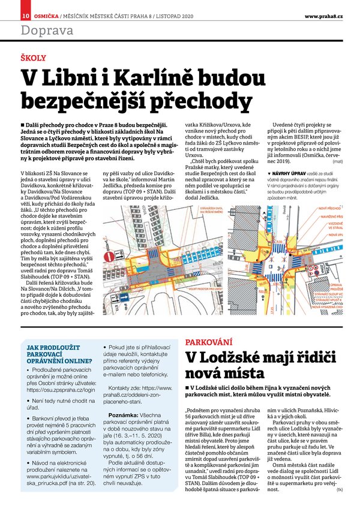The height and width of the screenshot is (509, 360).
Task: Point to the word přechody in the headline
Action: [x=179, y=100]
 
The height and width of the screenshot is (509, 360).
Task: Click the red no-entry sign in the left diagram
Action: [x=109, y=257]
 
